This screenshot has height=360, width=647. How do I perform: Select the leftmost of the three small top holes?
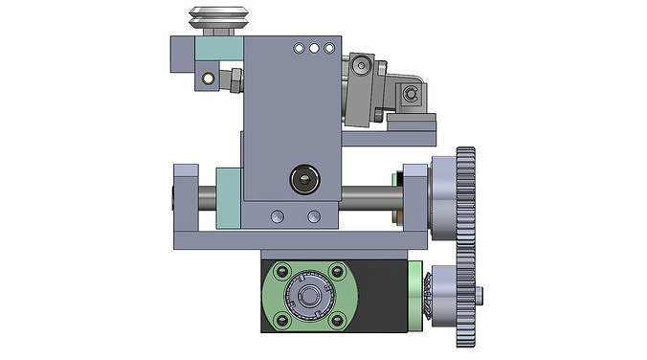click(x=299, y=47)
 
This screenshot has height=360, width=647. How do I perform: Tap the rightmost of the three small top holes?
click(x=329, y=47)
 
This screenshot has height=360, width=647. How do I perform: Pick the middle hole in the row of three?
click(x=314, y=47)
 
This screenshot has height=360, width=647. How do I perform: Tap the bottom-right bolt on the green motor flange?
click(x=337, y=319)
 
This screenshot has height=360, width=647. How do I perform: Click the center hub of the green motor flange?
click(x=309, y=296)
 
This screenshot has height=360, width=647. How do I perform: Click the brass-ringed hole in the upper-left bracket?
click(x=205, y=78)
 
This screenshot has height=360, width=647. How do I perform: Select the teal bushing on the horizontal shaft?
click(x=230, y=198)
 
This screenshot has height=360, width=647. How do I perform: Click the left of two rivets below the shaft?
click(x=277, y=216)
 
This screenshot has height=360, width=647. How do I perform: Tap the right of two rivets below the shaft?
click(x=312, y=216)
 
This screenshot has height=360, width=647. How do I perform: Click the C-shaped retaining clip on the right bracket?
click(x=410, y=93)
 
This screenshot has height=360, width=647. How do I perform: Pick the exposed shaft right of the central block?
click(x=368, y=200)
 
